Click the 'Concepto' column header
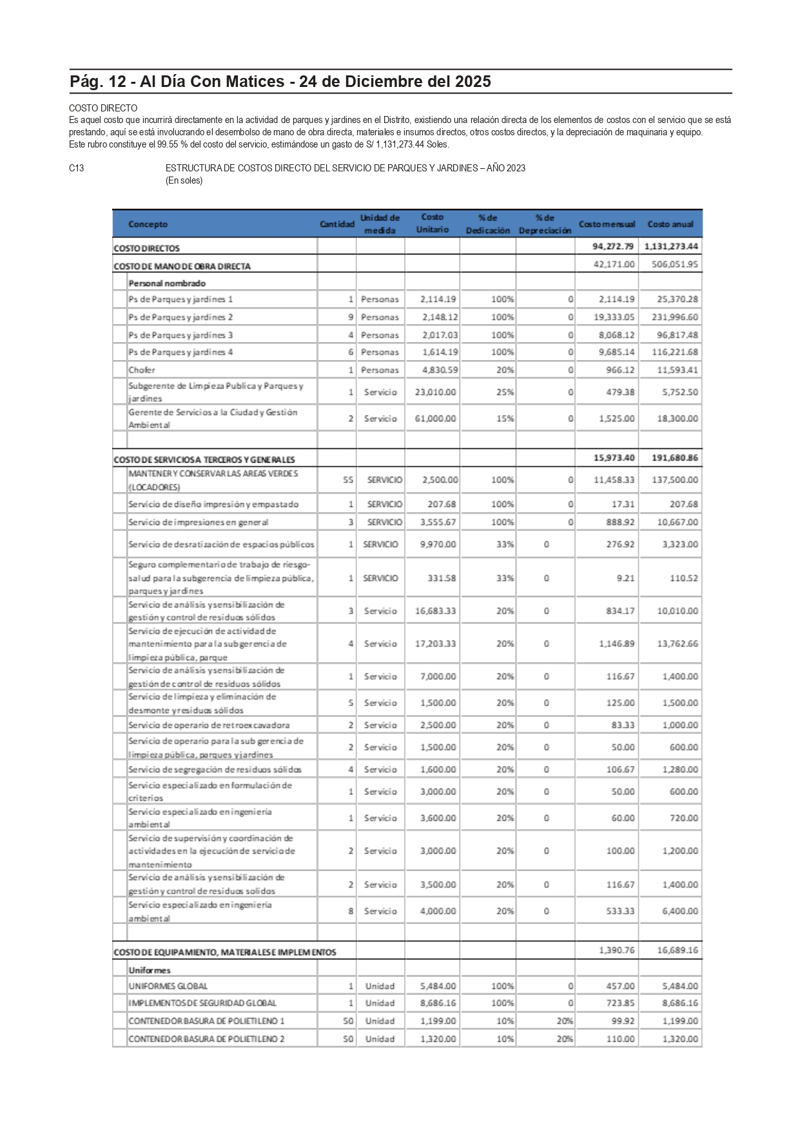[148, 224]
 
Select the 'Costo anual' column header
[670, 224]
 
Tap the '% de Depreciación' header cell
[545, 224]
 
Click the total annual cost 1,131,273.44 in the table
[670, 246]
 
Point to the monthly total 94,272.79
[613, 246]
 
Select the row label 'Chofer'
[142, 370]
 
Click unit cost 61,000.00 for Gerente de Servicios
[435, 419]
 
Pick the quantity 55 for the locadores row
[348, 480]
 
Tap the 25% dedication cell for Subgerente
[505, 392]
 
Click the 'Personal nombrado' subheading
[167, 283]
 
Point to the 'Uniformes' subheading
[150, 970]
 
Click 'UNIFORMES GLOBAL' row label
[168, 986]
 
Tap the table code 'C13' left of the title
[77, 168]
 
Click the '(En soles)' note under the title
[184, 180]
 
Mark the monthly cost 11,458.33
[614, 480]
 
